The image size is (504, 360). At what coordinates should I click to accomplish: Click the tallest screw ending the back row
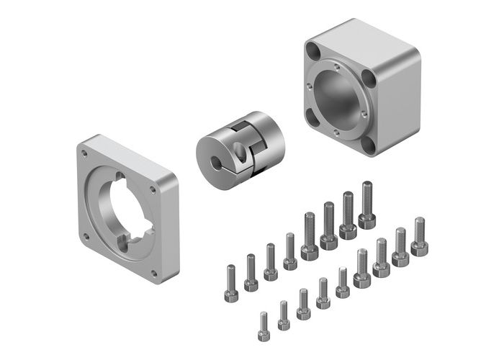367,204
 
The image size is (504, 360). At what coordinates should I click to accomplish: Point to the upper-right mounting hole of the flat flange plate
153,190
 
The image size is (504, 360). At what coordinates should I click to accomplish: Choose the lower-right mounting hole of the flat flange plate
153,271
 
